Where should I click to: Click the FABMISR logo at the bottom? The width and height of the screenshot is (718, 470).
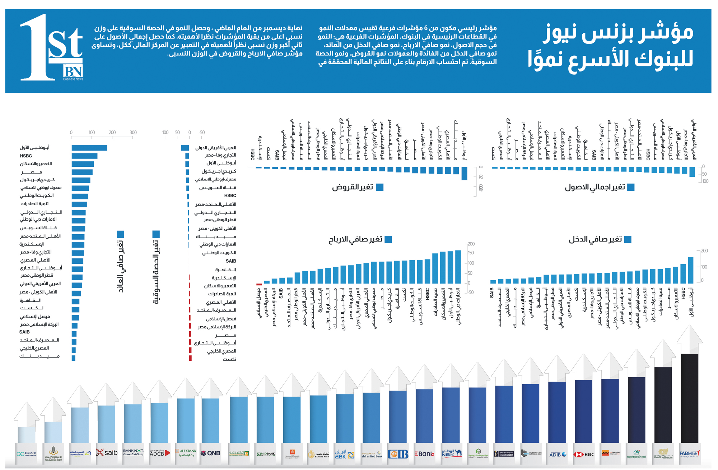pos(689,454)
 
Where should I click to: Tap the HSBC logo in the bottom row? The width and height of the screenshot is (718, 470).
pos(583,454)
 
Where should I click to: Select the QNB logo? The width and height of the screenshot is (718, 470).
pos(210,453)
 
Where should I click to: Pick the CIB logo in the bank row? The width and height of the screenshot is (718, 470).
pos(398,454)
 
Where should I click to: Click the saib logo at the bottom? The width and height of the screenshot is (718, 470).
pos(107,453)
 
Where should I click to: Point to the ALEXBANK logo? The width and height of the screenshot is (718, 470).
pos(186,453)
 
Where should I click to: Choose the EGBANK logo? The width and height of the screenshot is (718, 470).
pos(27,453)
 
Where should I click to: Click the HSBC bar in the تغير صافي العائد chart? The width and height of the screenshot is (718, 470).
pos(84,156)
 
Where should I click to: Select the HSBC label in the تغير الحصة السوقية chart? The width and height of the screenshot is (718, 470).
pos(230,195)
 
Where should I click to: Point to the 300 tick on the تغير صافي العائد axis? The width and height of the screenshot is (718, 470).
pos(133,132)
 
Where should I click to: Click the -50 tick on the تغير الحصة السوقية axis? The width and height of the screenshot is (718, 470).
pos(202,132)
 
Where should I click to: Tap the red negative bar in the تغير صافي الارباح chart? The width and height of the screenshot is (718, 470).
pos(259,285)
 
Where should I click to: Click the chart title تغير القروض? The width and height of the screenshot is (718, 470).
pos(353,187)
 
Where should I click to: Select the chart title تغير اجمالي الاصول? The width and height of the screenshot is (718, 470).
pos(595,187)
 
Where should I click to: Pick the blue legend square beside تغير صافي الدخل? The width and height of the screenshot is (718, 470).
pos(628,239)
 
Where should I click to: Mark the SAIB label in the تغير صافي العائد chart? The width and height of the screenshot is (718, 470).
pos(25,332)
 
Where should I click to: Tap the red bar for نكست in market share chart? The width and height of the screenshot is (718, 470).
pos(190,358)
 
